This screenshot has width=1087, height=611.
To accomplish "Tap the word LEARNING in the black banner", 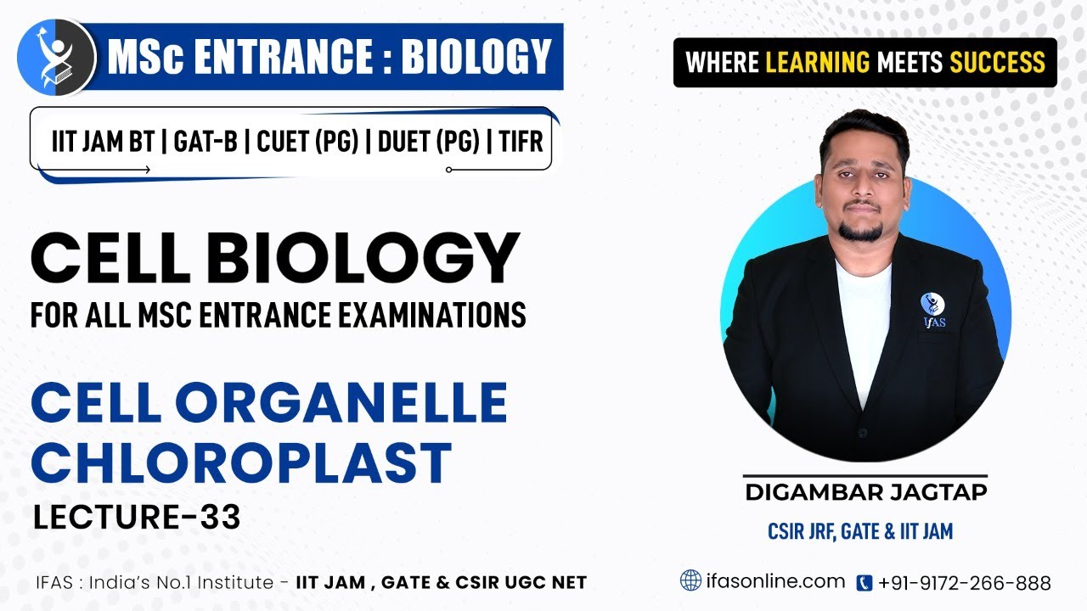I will [x=817, y=62].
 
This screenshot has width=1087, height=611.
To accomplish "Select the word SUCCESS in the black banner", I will [x=997, y=62].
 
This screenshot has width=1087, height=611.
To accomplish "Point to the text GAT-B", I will [x=205, y=141].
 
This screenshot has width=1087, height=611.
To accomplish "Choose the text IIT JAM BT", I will [x=103, y=141].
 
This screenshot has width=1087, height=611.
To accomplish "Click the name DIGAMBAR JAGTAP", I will [x=865, y=492].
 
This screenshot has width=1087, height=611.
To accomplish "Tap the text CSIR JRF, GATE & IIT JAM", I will [x=859, y=532].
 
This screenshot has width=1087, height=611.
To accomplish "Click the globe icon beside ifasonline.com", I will [x=691, y=581].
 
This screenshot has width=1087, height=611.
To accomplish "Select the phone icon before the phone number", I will [x=865, y=583].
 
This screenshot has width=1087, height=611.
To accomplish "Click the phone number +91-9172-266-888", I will [x=965, y=583].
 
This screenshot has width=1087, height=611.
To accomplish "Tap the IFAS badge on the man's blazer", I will [x=932, y=308].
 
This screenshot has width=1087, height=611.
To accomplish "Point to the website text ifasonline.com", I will [x=775, y=581].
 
